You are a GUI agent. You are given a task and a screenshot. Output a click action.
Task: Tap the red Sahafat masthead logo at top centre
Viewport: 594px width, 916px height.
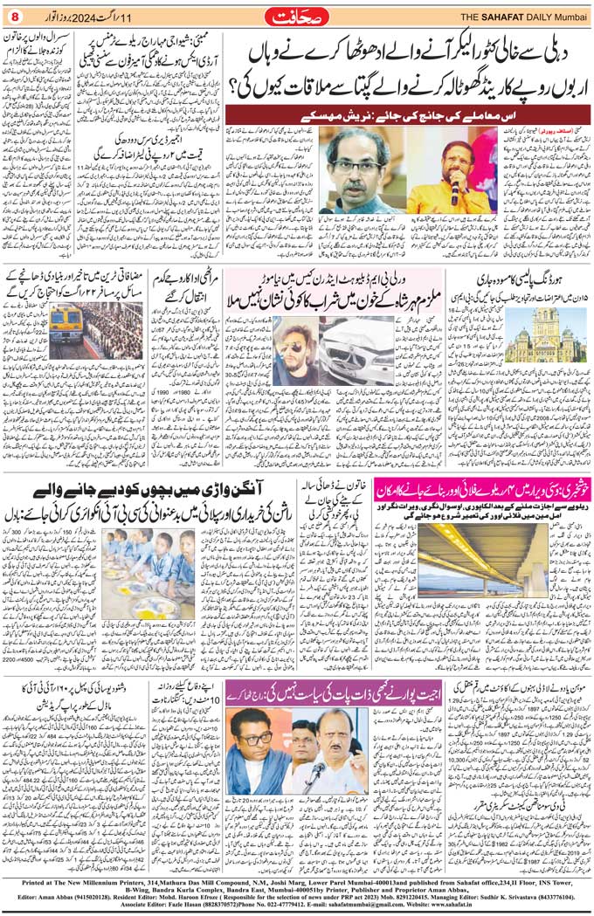[296, 16]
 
